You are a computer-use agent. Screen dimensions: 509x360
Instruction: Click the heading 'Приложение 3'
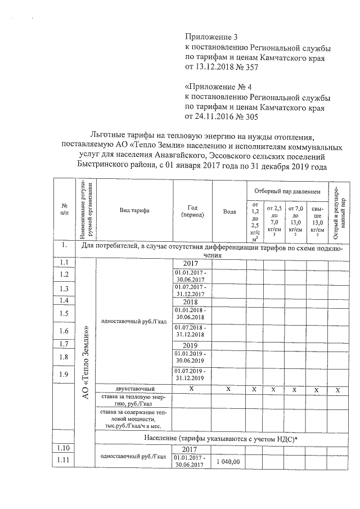pyautogui.click(x=211, y=37)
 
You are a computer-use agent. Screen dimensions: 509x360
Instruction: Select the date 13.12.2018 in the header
pyautogui.click(x=213, y=67)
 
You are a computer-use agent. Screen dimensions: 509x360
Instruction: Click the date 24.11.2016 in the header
pyautogui.click(x=213, y=117)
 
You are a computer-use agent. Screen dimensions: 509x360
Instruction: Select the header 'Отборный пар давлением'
pyautogui.click(x=286, y=192)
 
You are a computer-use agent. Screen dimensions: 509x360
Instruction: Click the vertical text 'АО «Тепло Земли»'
pyautogui.click(x=86, y=362)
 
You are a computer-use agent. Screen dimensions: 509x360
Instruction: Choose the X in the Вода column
pyautogui.click(x=228, y=389)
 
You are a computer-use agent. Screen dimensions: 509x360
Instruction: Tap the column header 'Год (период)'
pyautogui.click(x=191, y=211)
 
